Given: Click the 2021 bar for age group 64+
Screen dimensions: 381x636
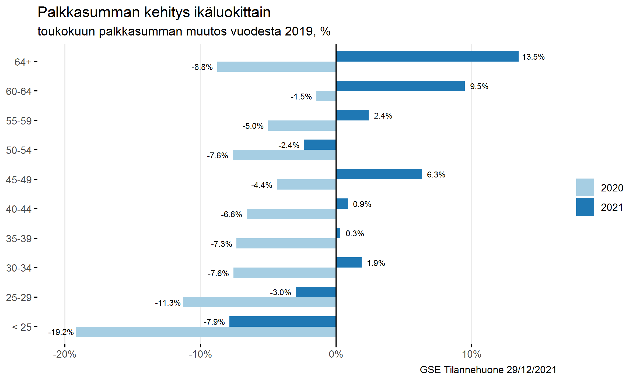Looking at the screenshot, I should click(x=427, y=56).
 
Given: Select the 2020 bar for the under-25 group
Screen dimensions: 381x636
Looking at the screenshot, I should click(x=206, y=332).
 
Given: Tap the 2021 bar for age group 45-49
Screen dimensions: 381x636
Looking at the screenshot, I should click(x=379, y=174).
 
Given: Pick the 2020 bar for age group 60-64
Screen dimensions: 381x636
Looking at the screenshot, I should click(x=326, y=96).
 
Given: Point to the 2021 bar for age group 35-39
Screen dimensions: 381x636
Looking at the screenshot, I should click(x=338, y=233).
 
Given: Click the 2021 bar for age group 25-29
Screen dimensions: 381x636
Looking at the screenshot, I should click(x=316, y=292).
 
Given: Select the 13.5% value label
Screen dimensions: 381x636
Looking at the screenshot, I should click(x=533, y=57).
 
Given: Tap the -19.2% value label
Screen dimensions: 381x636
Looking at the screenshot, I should click(x=61, y=332).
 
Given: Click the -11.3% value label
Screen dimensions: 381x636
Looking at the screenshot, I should click(x=167, y=303).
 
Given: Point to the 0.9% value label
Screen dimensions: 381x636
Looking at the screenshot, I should click(x=362, y=204).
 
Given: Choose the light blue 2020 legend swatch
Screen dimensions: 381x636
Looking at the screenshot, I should click(x=585, y=187).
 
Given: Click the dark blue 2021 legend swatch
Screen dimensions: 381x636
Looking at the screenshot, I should click(x=585, y=207).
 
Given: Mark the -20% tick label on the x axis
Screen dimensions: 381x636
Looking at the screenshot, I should click(x=65, y=354).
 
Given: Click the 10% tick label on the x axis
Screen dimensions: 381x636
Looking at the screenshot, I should click(x=472, y=354).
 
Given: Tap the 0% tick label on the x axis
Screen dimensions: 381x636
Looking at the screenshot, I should click(x=336, y=354).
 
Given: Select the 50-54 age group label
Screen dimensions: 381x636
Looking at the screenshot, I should click(x=19, y=150).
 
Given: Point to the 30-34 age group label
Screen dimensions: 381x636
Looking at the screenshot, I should click(x=19, y=268).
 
